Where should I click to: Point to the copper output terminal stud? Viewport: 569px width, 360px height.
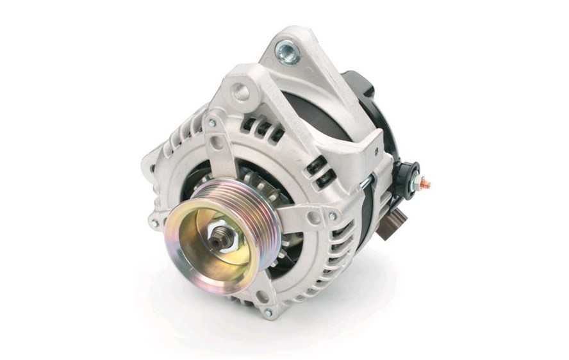coord(426,184)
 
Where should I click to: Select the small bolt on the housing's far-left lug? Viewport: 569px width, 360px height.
coord(153,223)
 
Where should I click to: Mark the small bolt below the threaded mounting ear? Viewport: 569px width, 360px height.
coord(212,122)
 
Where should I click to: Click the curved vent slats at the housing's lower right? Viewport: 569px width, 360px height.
coord(333,256)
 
